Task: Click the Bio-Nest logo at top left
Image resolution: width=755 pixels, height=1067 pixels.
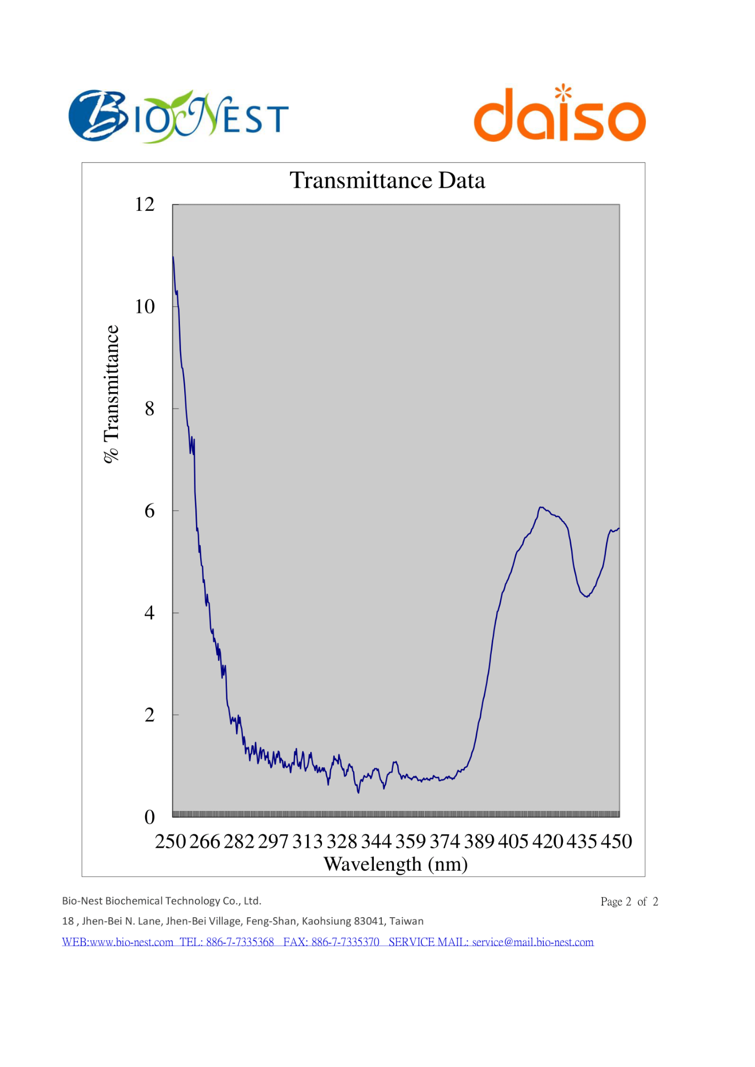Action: tap(178, 116)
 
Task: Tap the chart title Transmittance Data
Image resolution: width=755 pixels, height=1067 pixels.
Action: tap(387, 180)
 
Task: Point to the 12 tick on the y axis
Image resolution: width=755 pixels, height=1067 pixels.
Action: tap(144, 204)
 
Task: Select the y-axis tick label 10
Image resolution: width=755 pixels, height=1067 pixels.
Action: tap(144, 307)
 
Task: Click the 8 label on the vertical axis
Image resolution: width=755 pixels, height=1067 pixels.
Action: tap(150, 409)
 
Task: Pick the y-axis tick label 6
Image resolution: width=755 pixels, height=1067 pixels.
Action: tap(150, 511)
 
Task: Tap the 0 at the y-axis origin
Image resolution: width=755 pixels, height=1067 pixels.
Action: tap(150, 817)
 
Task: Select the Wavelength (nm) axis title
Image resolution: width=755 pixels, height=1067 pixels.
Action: tap(396, 864)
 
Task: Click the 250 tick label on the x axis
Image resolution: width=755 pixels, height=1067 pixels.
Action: tap(170, 841)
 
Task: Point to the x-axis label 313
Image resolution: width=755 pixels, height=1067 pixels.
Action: tap(308, 841)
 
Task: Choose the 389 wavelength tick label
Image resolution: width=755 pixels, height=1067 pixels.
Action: tap(479, 841)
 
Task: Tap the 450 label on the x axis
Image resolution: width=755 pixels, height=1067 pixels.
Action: tap(616, 841)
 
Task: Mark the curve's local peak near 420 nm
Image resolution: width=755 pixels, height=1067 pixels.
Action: tap(541, 507)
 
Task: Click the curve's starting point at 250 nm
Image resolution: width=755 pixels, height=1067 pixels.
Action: tap(173, 257)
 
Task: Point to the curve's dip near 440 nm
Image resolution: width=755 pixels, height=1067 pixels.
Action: tap(587, 596)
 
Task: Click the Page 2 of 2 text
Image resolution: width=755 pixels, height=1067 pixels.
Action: tap(629, 902)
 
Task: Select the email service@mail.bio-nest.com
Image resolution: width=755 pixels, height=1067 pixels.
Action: tap(532, 942)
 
